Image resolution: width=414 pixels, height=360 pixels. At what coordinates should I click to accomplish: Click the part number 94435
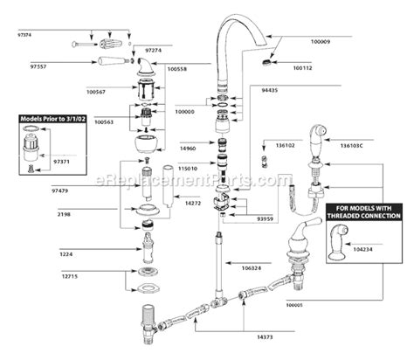pos(271,88)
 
